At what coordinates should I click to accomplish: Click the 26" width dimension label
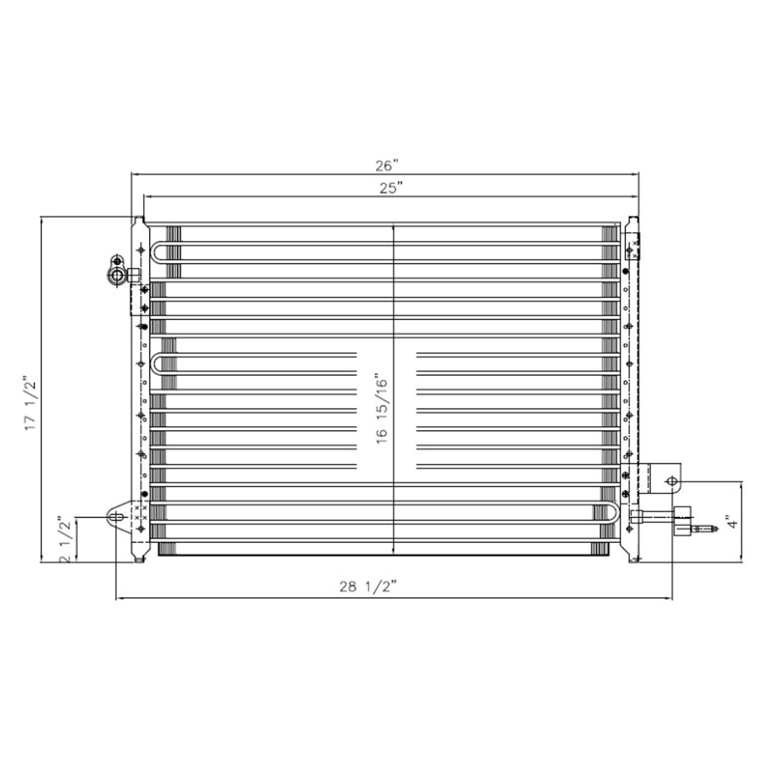387,166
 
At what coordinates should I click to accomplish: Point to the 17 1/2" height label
31,403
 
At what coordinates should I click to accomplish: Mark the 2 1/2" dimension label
66,540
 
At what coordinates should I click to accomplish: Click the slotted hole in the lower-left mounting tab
117,518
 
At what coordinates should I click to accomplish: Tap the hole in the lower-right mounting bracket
672,481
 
